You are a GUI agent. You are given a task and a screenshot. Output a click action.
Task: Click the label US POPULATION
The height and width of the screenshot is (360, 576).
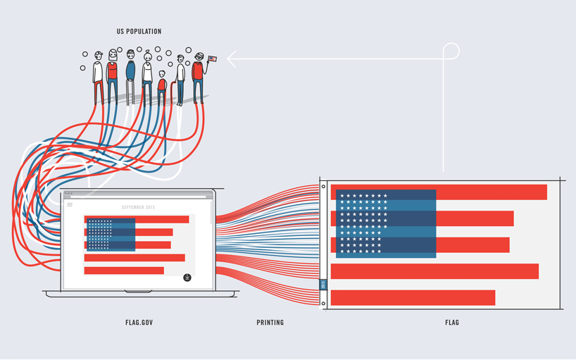139,31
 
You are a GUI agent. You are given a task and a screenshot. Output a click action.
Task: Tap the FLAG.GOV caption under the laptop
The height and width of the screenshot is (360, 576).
139,323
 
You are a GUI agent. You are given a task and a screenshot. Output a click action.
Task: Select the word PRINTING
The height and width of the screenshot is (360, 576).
270,323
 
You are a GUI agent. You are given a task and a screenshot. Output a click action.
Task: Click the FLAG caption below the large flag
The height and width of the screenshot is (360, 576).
452,323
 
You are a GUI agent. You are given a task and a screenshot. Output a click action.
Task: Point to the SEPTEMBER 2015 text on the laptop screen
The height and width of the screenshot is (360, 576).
137,207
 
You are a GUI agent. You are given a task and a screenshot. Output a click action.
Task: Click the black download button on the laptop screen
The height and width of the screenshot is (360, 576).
187,278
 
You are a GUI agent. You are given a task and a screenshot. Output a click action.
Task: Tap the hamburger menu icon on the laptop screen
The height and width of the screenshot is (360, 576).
70,205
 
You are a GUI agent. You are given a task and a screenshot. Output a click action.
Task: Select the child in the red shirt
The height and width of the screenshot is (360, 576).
162,83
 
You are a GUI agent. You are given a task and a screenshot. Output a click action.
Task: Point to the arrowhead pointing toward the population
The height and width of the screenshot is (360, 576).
230,58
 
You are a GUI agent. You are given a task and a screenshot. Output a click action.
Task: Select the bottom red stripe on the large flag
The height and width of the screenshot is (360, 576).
413,298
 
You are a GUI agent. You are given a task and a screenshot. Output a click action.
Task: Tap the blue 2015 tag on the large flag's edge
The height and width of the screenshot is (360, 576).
323,285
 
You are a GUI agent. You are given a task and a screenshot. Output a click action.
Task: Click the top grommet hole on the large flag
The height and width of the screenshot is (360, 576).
323,187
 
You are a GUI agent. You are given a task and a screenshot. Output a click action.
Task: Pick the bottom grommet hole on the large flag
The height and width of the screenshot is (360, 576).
323,304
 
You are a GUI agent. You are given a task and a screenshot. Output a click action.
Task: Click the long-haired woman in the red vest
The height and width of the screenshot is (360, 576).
113,70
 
